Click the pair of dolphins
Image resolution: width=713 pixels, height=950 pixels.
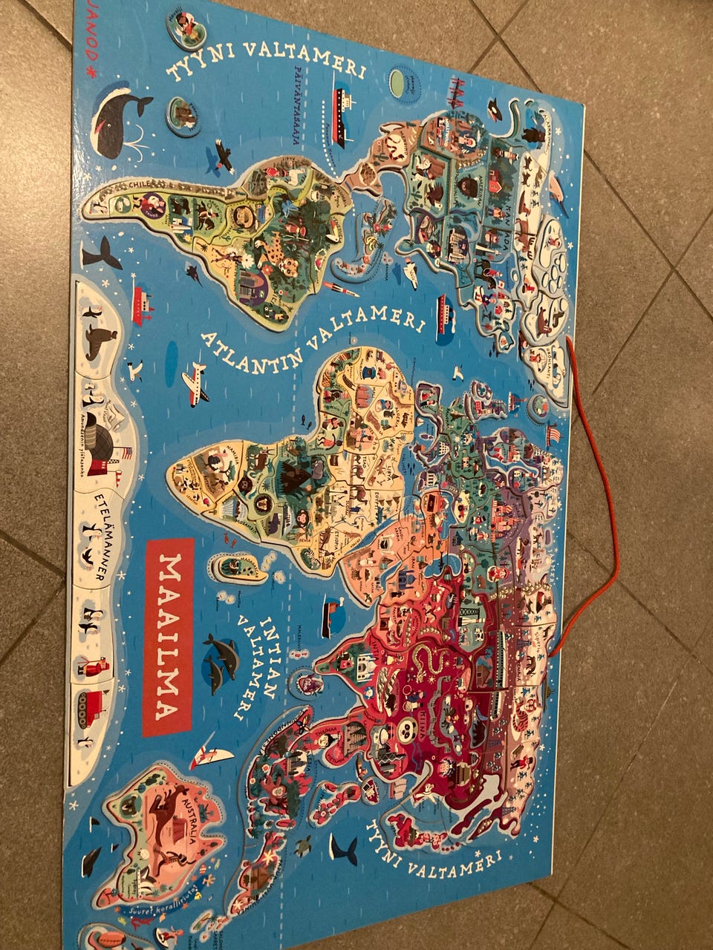(223, 661)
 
